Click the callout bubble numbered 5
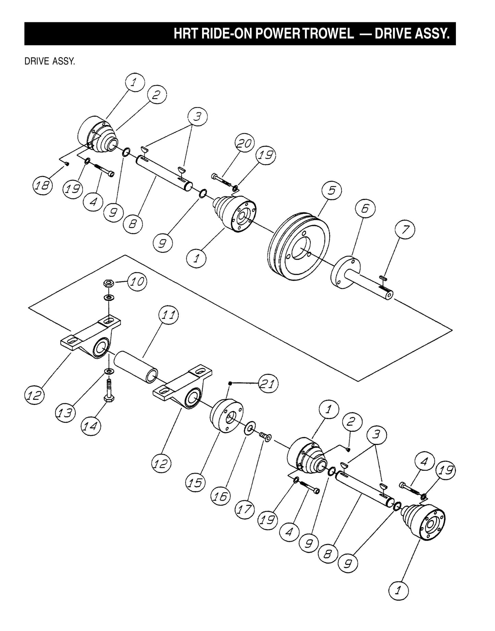click(331, 190)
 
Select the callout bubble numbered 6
click(365, 209)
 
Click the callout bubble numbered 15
click(195, 483)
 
